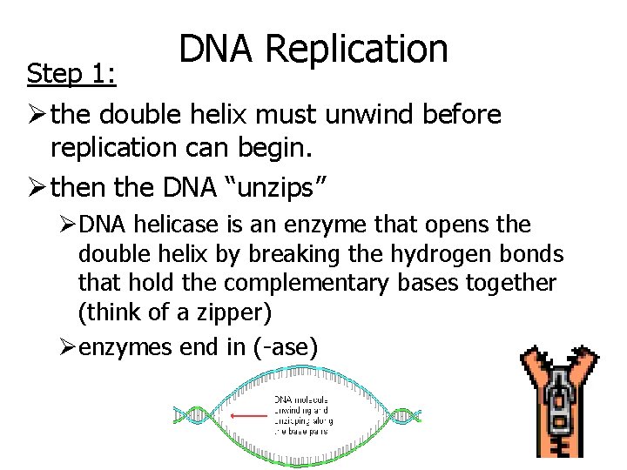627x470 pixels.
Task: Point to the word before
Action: [x=458, y=115]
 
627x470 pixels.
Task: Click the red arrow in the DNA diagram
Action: [x=251, y=415]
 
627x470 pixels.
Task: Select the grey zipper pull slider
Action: [x=556, y=410]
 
